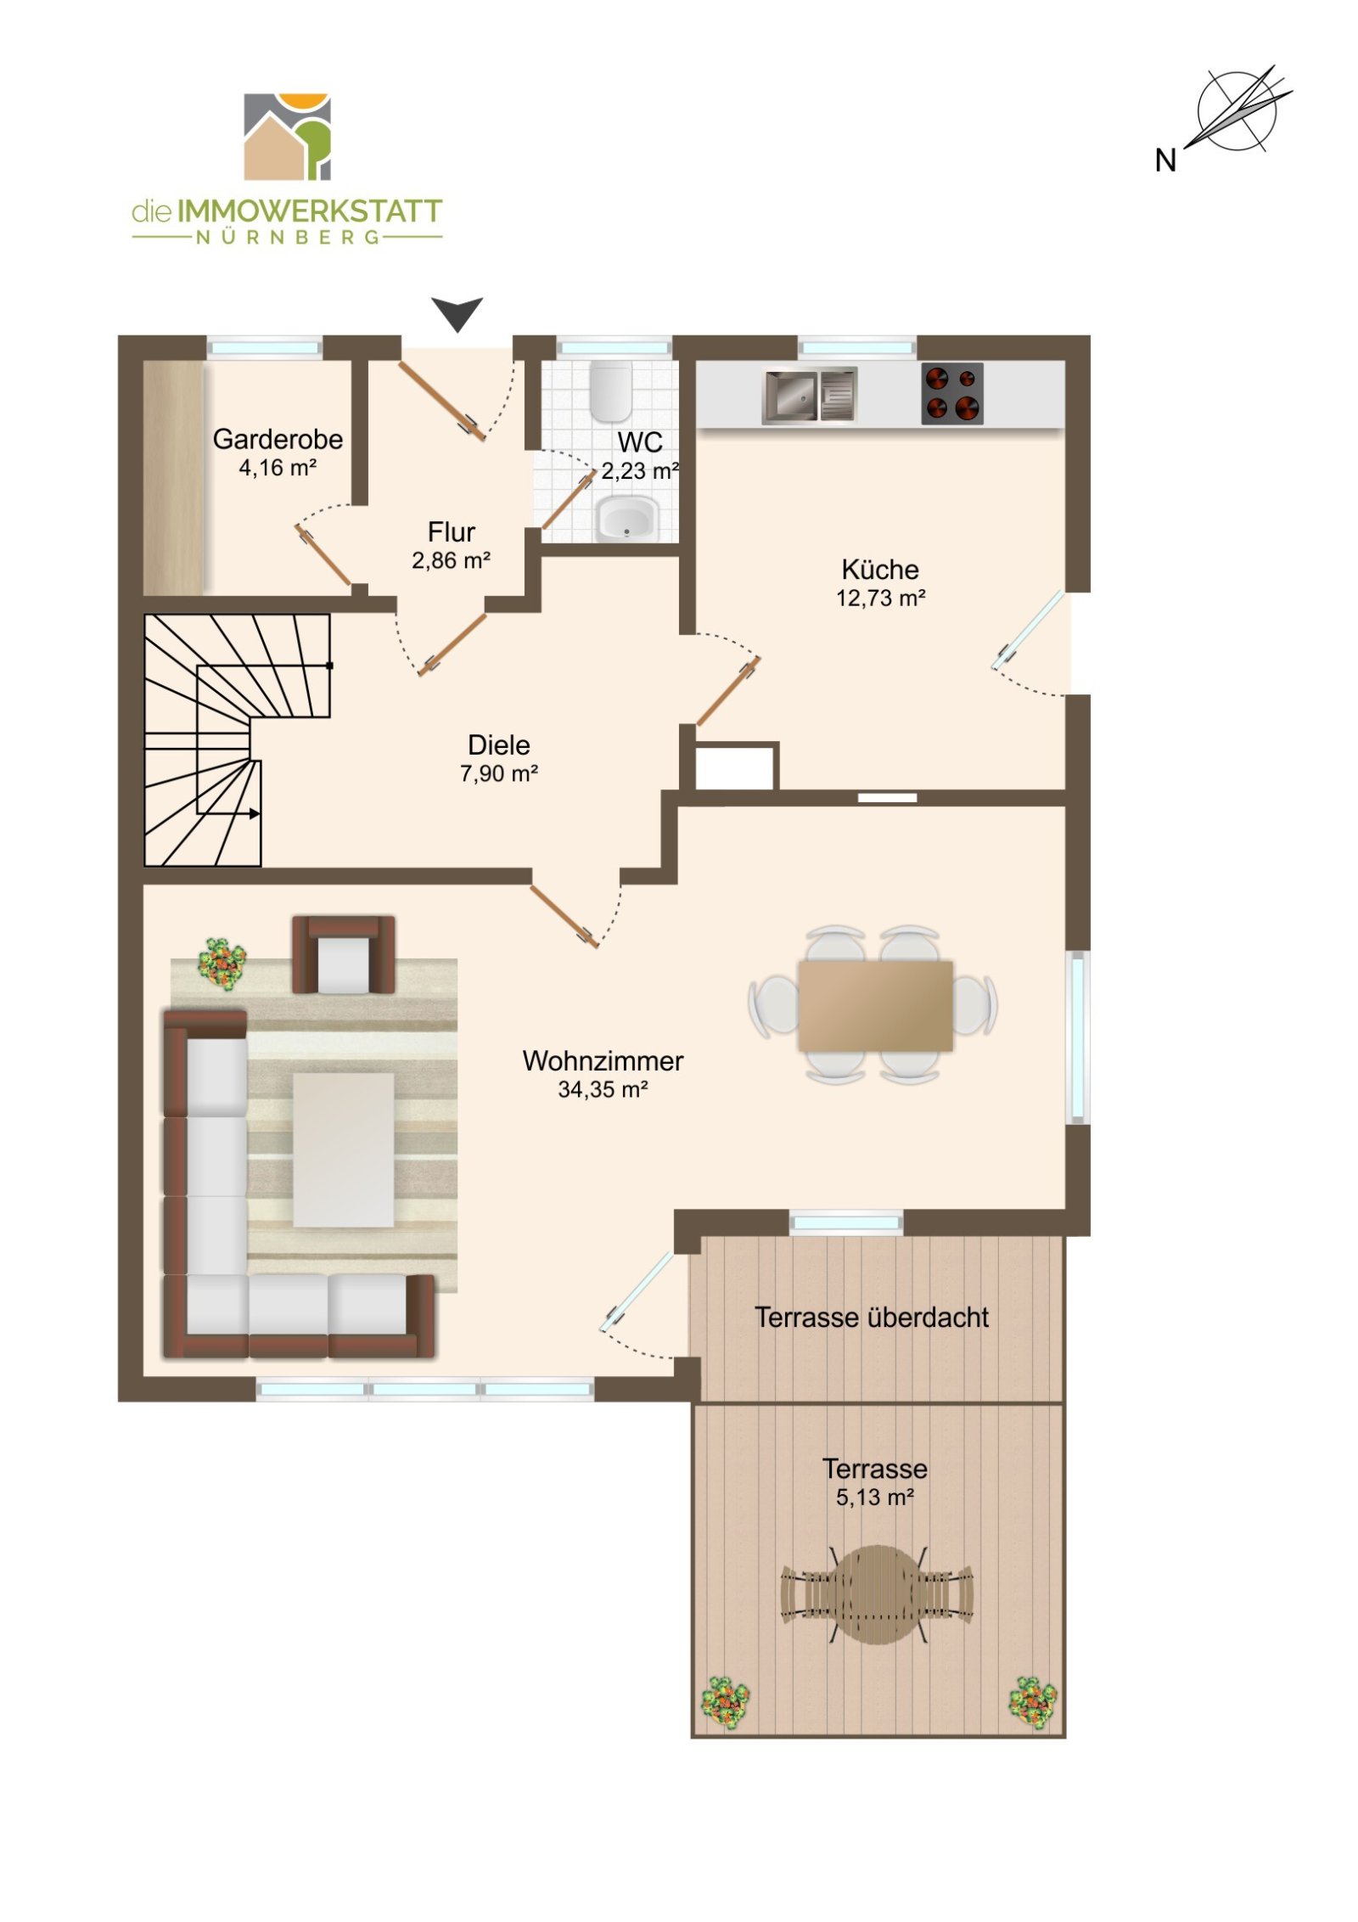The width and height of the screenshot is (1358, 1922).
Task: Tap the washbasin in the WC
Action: pos(626,519)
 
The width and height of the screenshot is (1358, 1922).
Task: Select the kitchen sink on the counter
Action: pos(810,396)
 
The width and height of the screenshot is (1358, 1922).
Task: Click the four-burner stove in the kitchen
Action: pos(952,394)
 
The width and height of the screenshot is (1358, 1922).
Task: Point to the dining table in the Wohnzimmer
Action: pos(874,1005)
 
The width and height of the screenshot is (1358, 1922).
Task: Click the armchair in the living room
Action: pos(343,954)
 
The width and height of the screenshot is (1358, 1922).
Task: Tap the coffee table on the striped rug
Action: pos(343,1149)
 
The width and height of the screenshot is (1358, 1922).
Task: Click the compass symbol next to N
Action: pos(1237,111)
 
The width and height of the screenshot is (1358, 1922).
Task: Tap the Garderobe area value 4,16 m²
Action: pos(278,468)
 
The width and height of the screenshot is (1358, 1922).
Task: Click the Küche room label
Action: pos(880,569)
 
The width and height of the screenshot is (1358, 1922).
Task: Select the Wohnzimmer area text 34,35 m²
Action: pos(603,1089)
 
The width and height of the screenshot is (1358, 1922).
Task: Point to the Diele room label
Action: pos(498,745)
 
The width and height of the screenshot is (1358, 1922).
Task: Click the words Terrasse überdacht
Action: pos(872,1317)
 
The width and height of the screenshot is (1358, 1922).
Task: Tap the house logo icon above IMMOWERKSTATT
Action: pos(287,137)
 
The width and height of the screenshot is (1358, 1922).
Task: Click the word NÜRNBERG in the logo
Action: pos(288,238)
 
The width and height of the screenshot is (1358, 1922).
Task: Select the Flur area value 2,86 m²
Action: pos(451,560)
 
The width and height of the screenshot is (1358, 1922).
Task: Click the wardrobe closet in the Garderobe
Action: pos(174,477)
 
